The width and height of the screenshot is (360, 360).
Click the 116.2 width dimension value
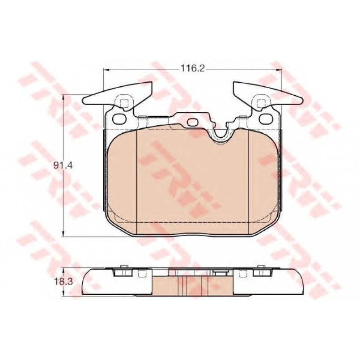pos(192,68)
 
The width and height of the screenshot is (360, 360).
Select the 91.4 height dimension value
pos(63,165)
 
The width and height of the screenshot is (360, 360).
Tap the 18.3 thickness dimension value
pos(64,281)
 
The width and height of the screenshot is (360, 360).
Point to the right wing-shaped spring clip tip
pos(301,100)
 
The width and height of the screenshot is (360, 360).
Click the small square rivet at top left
pos(124,103)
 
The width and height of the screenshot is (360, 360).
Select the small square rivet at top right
pos(261,103)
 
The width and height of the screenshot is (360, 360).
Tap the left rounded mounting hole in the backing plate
pos(119,119)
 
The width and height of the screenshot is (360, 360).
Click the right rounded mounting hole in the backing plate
pos(266,119)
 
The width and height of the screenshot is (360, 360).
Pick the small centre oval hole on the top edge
pos(194,122)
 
